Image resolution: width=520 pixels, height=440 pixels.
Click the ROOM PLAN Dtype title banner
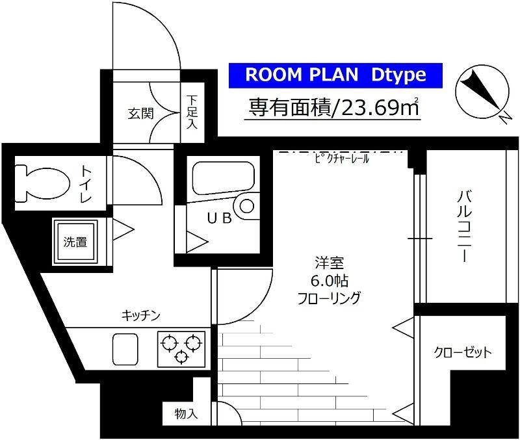click(336, 75)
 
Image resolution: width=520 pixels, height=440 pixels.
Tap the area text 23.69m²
click(331, 107)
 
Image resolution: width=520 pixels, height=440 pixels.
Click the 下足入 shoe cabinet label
click(192, 112)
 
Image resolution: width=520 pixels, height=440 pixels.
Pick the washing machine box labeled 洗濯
click(75, 241)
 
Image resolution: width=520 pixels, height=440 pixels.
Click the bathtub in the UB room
click(221, 177)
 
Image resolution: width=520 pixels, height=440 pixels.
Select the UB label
click(218, 218)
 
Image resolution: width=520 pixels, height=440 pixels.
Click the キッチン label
click(141, 315)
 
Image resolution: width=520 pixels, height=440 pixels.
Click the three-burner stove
click(181, 348)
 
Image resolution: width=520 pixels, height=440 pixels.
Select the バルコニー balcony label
click(463, 224)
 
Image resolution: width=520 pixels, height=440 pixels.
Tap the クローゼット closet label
click(463, 353)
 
